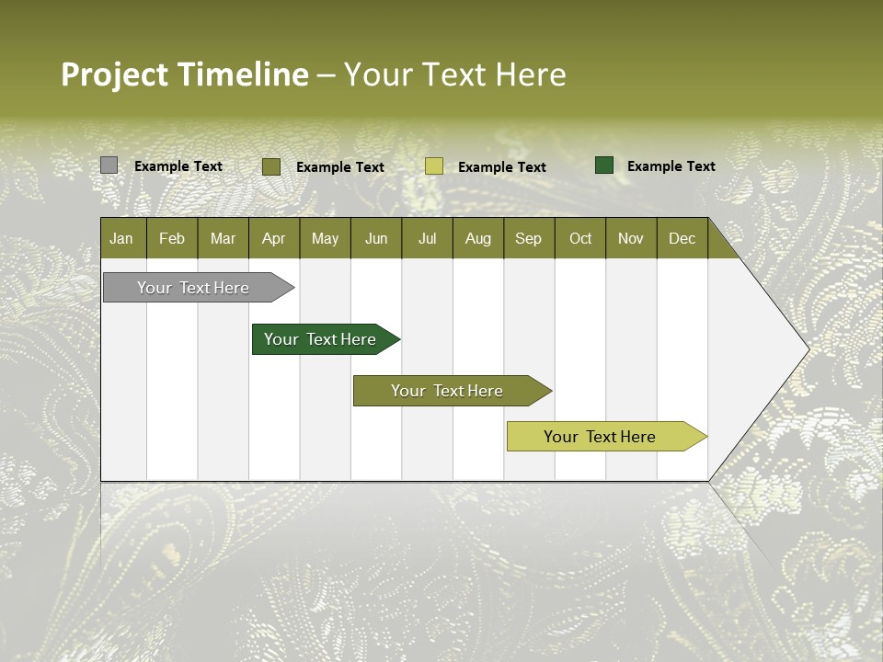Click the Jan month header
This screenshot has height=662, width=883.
(x=122, y=238)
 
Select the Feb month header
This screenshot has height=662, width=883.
(x=172, y=238)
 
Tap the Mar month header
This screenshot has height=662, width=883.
(x=223, y=238)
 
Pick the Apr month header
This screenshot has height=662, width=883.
(x=274, y=238)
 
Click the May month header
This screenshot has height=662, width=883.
(x=325, y=238)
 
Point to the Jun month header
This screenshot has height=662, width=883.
(x=376, y=238)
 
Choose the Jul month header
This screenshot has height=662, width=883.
(x=427, y=238)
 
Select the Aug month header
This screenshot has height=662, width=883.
(x=478, y=238)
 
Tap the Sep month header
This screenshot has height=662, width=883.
(x=529, y=238)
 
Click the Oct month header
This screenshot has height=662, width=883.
(x=580, y=238)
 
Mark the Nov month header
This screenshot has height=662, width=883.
(x=631, y=238)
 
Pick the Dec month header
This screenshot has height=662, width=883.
(x=682, y=238)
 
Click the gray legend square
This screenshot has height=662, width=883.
(x=109, y=165)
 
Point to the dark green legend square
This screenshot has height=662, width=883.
(x=604, y=165)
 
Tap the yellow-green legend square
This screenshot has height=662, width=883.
(x=434, y=166)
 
